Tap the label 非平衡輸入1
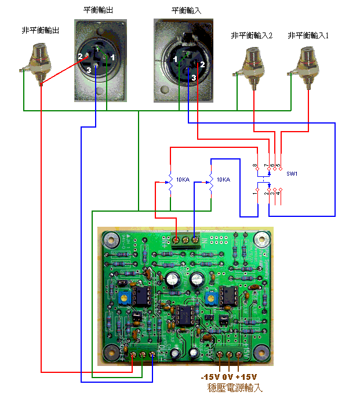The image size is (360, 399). tap(308, 36)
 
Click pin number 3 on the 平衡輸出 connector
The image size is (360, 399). tap(89, 70)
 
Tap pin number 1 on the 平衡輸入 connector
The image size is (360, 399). tap(174, 60)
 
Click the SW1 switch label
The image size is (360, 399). tap(292, 173)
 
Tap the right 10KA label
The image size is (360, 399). tap(223, 180)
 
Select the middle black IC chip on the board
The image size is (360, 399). tap(185, 316)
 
